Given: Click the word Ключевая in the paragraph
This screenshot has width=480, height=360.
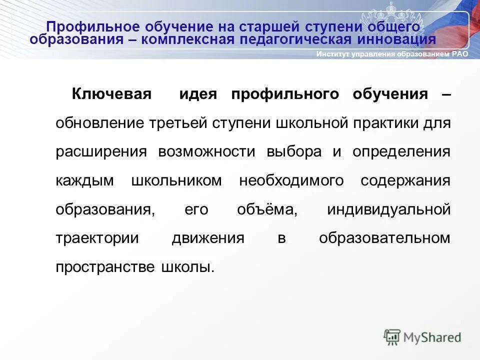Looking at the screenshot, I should click(111, 94).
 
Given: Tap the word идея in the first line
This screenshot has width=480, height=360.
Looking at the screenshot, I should click(198, 94).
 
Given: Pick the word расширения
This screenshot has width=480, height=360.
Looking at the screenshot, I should click(101, 152).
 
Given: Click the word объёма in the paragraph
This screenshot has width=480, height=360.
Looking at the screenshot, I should click(267, 209).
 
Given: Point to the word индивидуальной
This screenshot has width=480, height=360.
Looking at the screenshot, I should click(388, 209).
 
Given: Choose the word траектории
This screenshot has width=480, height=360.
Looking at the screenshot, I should click(97, 238).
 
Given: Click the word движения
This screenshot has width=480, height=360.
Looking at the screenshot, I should click(208, 238).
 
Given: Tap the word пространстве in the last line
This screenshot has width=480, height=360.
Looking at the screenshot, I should click(105, 267).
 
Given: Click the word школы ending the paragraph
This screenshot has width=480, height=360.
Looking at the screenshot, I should click(187, 267).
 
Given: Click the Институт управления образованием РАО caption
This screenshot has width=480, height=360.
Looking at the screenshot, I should click(392, 54).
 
